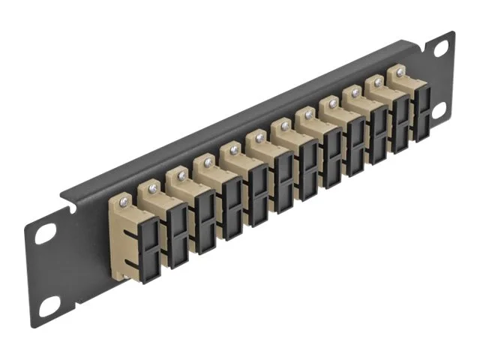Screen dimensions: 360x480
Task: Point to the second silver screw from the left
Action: pyautogui.click(x=154, y=187)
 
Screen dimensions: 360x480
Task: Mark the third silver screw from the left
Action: pyautogui.click(x=181, y=175)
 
